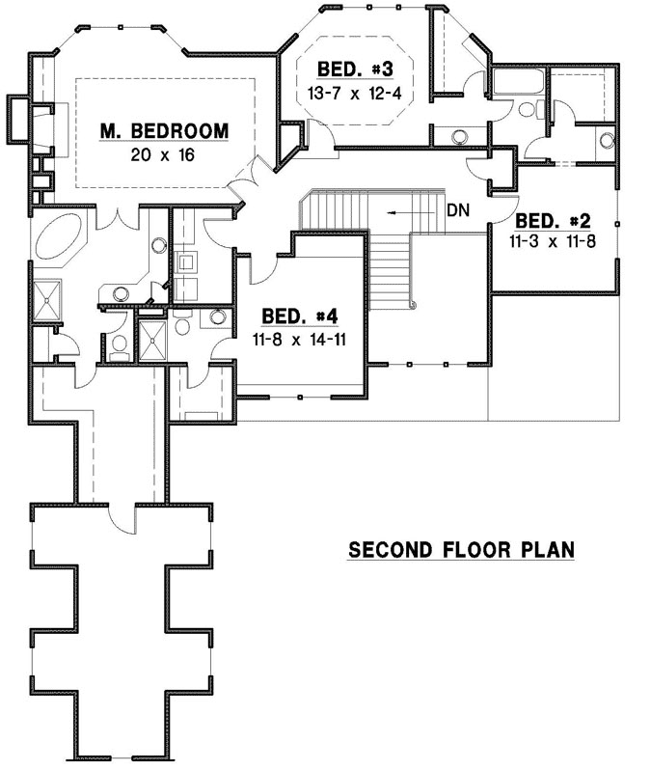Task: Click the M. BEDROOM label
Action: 165,130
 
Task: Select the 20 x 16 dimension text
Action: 165,153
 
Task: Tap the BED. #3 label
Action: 356,69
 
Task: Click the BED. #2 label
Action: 552,219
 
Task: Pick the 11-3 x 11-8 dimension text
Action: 552,241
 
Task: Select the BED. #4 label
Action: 300,316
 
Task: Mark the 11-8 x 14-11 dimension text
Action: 300,339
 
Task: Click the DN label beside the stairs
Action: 457,211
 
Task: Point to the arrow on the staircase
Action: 404,211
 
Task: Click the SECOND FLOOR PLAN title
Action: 461,551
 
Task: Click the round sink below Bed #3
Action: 457,136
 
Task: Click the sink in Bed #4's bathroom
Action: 218,316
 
